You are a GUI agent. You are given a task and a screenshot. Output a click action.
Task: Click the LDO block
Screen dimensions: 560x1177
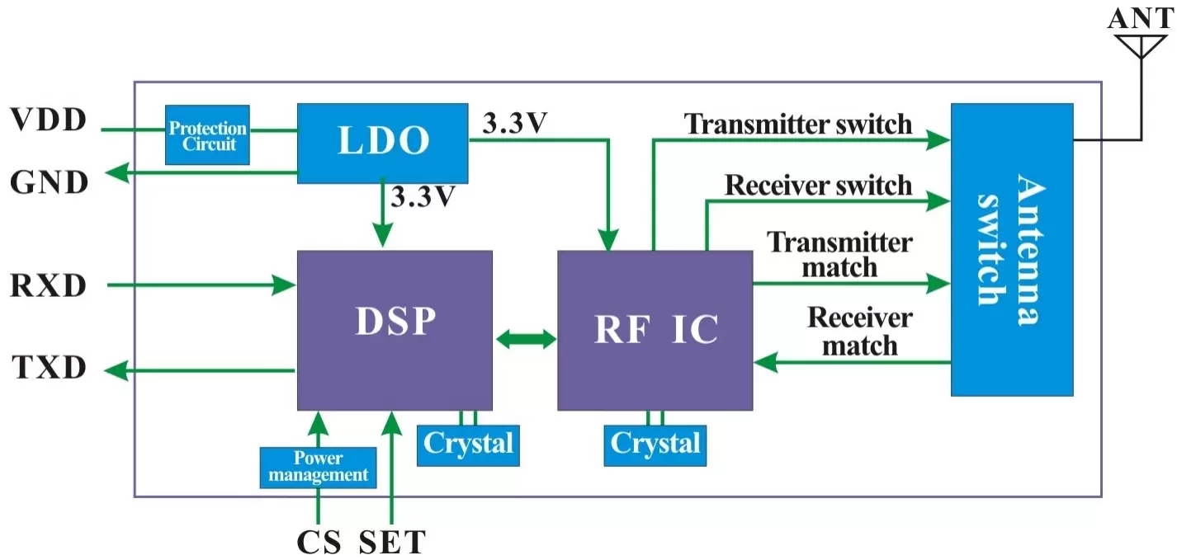[382, 143]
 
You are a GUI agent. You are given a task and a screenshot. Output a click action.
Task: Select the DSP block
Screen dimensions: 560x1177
[395, 329]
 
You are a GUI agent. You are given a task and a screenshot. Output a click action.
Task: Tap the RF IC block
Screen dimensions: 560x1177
[655, 330]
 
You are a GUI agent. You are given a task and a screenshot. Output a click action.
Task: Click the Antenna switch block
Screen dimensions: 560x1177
[1011, 249]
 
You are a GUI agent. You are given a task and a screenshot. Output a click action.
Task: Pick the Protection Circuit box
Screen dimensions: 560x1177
[207, 135]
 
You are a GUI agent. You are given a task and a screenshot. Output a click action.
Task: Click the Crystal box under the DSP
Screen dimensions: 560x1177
[468, 445]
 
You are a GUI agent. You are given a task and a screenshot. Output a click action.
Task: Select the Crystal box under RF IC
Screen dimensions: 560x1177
[655, 445]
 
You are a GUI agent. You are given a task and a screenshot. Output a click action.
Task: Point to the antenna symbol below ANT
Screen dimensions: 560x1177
[1141, 45]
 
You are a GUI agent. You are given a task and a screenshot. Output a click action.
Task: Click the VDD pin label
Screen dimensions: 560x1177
[49, 121]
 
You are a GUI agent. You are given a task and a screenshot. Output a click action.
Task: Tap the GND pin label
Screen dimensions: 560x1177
[50, 182]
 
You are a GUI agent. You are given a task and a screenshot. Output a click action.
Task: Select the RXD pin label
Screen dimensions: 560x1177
[49, 286]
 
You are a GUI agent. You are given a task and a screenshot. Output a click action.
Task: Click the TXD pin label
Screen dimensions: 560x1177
[50, 368]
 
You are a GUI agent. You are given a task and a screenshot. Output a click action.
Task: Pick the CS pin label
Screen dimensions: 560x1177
[319, 543]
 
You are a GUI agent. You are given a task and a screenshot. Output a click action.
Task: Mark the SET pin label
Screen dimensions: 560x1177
[392, 543]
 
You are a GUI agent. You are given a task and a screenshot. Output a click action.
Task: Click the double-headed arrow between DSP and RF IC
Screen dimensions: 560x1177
[525, 338]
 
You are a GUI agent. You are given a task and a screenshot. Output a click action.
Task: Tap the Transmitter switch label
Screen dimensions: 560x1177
[798, 124]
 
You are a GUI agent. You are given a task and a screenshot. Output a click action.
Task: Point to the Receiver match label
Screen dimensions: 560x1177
[859, 332]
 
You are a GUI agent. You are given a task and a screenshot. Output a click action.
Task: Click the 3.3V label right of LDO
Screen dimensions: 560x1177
[516, 124]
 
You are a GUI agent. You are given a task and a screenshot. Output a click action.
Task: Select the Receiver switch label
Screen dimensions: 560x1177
[818, 186]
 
